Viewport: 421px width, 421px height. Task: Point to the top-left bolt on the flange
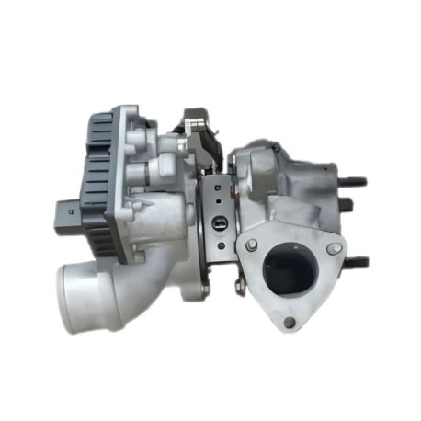click(x=250, y=245)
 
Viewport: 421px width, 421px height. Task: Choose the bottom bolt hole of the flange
click(x=290, y=322)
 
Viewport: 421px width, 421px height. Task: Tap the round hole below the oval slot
click(x=218, y=241)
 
